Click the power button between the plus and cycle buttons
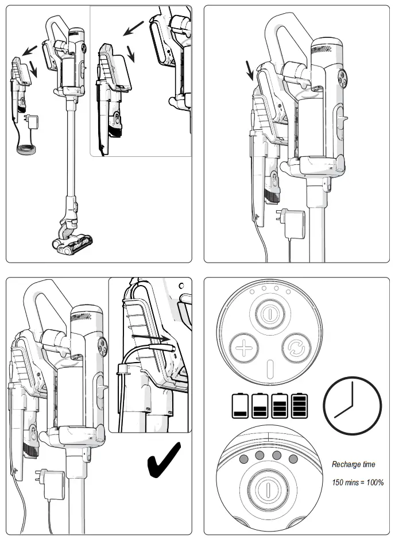pyautogui.click(x=267, y=314)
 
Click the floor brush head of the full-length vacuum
pyautogui.click(x=73, y=241)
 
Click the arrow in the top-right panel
pyautogui.click(x=249, y=71)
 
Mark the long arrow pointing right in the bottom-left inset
pyautogui.click(x=150, y=340)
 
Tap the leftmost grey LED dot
pyautogui.click(x=243, y=457)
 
